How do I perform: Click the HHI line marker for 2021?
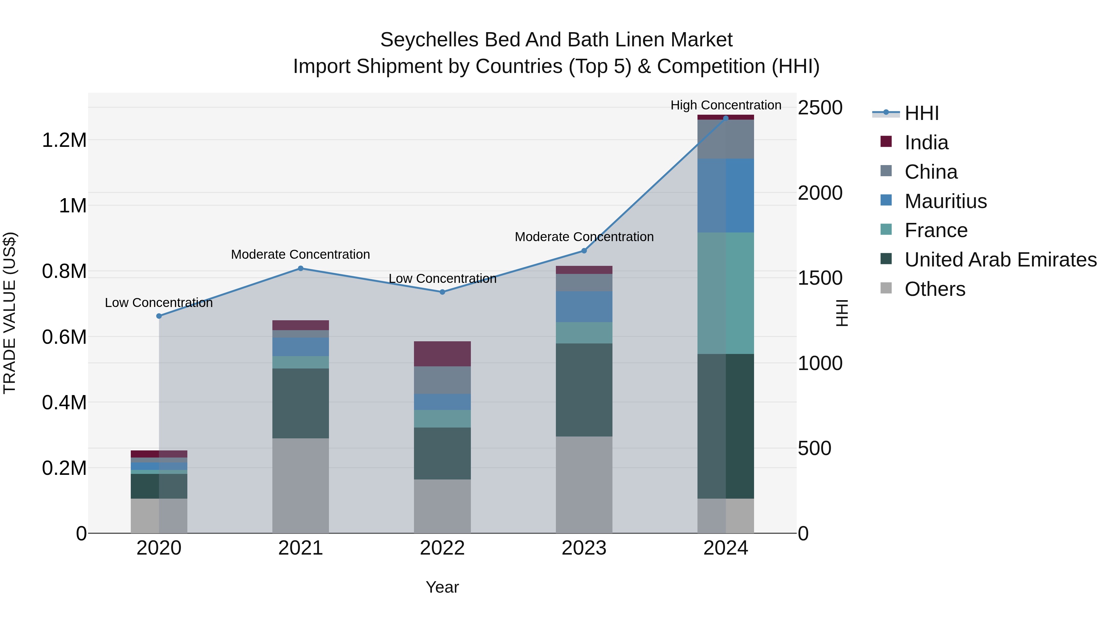pyautogui.click(x=301, y=268)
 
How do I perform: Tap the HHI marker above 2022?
pyautogui.click(x=442, y=292)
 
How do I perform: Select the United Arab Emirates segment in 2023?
pyautogui.click(x=584, y=390)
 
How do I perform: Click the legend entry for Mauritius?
pyautogui.click(x=945, y=201)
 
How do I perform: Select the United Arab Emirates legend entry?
pyautogui.click(x=1000, y=260)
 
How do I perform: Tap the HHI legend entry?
pyautogui.click(x=921, y=113)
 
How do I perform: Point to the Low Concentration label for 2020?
pyautogui.click(x=159, y=302)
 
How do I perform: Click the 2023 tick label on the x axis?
pyautogui.click(x=584, y=548)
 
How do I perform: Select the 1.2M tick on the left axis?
pyautogui.click(x=64, y=140)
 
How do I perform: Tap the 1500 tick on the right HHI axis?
pyautogui.click(x=820, y=278)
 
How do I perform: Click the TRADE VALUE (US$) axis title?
pyautogui.click(x=10, y=313)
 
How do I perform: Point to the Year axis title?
pyautogui.click(x=442, y=587)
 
